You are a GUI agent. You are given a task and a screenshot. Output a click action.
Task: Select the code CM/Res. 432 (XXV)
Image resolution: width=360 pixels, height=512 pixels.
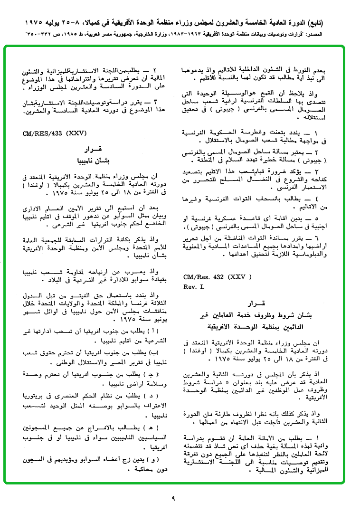coord(218,276)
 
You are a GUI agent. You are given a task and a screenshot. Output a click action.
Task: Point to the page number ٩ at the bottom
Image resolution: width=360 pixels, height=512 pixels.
coord(173,498)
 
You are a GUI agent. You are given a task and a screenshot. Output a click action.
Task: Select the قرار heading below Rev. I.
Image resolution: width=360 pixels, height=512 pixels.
coord(255,303)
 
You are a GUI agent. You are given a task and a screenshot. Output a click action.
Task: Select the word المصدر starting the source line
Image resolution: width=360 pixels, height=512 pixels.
coord(342,35)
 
